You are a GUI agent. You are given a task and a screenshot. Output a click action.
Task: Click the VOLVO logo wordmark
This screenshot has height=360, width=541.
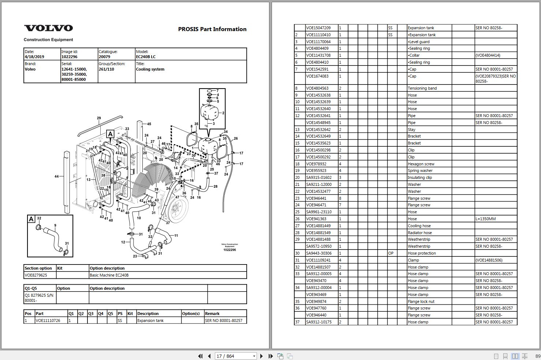48,28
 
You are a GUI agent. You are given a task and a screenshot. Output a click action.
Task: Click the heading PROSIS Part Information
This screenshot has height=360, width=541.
212,29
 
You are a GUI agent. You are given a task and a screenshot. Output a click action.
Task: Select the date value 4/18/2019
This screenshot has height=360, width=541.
34,57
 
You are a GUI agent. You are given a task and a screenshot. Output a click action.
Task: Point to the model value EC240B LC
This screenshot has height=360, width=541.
146,57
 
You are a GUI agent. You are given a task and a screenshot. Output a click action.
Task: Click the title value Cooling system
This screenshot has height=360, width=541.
150,69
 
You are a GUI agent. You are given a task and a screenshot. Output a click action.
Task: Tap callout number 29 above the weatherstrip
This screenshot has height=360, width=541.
99,118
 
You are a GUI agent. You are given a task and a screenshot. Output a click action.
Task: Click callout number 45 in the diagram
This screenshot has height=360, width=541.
149,124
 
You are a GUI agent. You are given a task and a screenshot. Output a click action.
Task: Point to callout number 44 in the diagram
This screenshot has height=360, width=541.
56,176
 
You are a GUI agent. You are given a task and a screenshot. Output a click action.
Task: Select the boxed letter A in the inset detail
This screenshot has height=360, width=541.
31,219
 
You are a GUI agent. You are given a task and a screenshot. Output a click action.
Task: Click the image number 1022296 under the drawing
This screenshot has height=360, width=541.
230,250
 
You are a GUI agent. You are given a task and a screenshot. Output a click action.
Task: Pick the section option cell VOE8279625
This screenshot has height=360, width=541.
36,275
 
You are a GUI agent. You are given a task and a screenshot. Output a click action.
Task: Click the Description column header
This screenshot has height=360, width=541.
148,314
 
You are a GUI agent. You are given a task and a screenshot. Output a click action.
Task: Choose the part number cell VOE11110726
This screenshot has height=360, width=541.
48,320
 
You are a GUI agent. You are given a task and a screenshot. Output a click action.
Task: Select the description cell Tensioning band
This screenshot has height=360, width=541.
422,88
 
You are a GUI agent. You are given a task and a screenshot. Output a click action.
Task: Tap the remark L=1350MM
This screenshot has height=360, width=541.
485,219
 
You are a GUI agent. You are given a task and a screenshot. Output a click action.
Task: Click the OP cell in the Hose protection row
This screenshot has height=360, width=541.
391,253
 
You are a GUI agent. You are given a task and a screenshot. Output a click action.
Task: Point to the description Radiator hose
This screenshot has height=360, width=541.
420,233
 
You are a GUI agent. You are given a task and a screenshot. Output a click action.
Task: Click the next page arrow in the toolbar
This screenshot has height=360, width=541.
261,356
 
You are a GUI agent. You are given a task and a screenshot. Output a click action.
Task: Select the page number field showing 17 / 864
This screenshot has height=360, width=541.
235,356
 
